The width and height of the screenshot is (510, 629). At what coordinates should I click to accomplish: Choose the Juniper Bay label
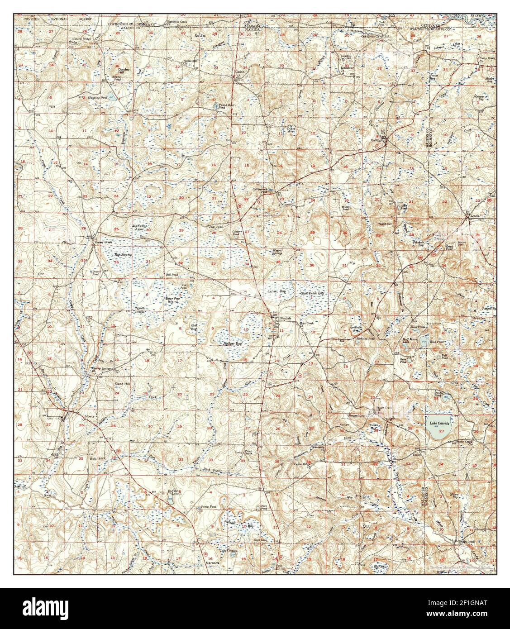click(x=233, y=343)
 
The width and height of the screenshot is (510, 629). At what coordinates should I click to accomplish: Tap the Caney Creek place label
click(x=103, y=243)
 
